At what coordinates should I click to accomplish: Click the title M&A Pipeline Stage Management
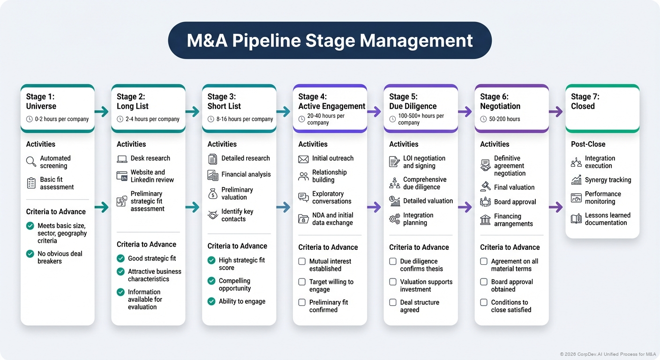click(330, 40)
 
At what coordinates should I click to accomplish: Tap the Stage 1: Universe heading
click(41, 101)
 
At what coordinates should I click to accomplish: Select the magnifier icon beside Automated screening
click(31, 162)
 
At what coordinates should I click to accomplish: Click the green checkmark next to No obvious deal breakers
click(30, 254)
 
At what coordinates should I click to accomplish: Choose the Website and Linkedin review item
click(152, 176)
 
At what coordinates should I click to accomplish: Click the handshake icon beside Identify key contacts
click(213, 215)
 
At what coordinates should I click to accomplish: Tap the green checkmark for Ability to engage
click(211, 301)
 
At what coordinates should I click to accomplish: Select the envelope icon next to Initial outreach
click(303, 159)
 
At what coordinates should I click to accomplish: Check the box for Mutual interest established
click(302, 262)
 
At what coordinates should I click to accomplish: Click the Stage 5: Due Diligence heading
click(412, 101)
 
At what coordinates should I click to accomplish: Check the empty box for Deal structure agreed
click(393, 302)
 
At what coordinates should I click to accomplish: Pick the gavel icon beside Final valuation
click(486, 187)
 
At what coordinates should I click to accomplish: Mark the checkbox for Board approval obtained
click(484, 282)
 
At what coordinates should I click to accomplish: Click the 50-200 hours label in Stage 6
click(504, 119)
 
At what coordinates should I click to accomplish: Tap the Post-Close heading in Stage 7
click(588, 144)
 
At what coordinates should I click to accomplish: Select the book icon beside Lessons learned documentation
click(576, 219)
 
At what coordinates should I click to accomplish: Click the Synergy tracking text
click(607, 180)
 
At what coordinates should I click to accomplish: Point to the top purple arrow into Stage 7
click(555, 112)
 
